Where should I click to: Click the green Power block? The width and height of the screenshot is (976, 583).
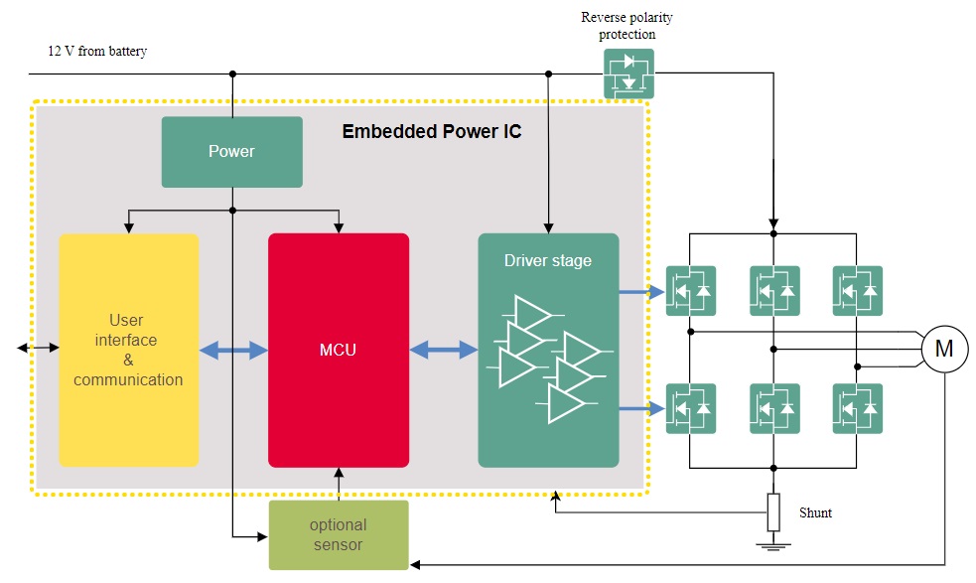(231, 152)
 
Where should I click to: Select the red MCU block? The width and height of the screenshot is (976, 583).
(339, 350)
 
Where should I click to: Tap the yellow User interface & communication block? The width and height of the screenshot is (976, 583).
(128, 350)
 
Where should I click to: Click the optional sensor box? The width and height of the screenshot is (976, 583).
(339, 534)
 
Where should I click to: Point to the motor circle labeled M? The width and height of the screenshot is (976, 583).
(944, 349)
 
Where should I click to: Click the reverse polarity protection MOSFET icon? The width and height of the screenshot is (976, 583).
(629, 73)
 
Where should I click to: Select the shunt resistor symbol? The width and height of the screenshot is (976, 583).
(773, 512)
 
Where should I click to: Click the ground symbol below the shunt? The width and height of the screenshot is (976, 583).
(773, 544)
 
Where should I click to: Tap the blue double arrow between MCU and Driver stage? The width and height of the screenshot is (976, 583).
(443, 350)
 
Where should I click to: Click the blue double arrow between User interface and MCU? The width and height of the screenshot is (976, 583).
(233, 350)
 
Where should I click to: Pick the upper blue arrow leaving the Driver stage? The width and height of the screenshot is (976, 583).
(640, 292)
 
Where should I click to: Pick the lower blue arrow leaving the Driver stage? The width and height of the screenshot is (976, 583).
(640, 408)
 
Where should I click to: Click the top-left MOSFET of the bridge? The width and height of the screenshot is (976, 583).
(691, 291)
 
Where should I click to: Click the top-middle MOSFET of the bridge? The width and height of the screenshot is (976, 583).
(774, 291)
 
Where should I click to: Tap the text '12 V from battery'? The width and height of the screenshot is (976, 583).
(97, 52)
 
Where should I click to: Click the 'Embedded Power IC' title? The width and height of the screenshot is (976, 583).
(431, 131)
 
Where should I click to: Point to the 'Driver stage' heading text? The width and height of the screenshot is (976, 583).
(547, 261)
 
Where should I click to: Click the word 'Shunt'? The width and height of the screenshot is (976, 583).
(815, 513)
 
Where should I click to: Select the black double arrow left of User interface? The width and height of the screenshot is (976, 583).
(37, 349)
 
